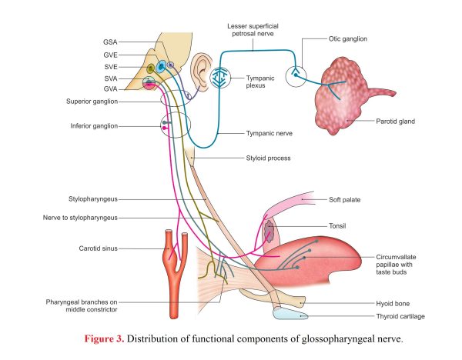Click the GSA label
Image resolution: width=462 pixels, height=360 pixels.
point(110,42)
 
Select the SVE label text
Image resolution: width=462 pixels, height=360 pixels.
point(111,67)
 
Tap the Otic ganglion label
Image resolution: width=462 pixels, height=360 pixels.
point(348,39)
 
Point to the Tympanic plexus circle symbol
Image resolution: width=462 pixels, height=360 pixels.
point(219,78)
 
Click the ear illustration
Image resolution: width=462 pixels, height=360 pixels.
point(201,72)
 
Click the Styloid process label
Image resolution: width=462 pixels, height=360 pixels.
point(268,158)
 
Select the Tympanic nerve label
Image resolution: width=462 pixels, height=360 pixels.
point(269,133)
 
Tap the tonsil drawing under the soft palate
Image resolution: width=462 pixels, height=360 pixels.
point(269,232)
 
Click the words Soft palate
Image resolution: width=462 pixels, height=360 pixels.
point(344,200)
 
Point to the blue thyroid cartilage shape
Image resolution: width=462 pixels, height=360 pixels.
point(290,314)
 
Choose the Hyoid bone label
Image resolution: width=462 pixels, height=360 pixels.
point(393,304)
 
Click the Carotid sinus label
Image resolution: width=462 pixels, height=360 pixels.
point(98,248)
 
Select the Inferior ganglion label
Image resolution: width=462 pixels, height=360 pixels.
point(94,126)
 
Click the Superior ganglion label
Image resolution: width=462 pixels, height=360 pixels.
point(92,102)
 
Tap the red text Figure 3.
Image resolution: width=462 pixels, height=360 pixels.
point(104,338)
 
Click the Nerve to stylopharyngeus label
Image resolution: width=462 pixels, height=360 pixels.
point(80,218)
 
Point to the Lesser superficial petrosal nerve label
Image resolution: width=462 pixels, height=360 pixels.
point(253,30)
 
